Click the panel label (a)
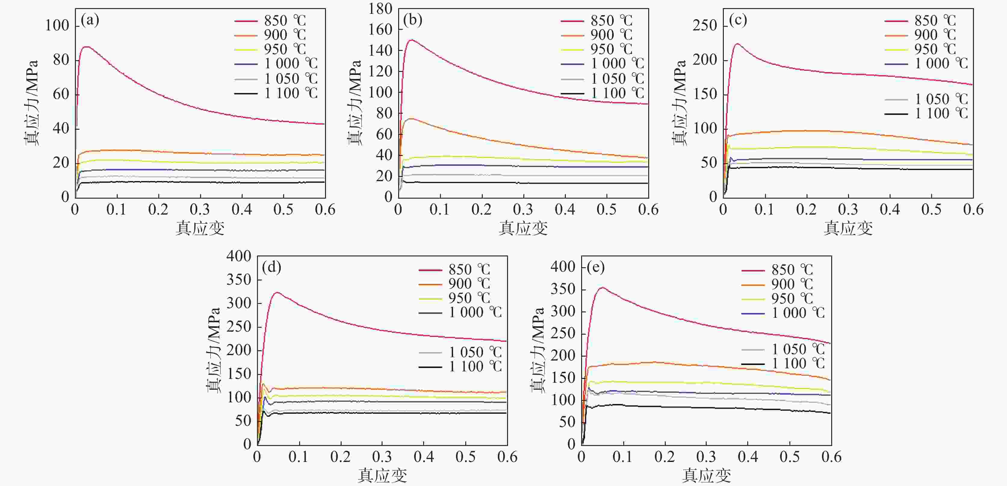coord(90,20)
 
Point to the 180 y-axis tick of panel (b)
coord(380,9)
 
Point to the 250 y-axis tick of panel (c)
coord(705,26)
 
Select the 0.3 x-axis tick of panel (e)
coord(706,457)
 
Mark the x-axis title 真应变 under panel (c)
coord(848,228)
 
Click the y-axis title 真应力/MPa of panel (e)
coord(537,350)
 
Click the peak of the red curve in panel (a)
coord(86,47)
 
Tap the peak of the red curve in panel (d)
coord(277,293)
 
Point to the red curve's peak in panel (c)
coord(737,44)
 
